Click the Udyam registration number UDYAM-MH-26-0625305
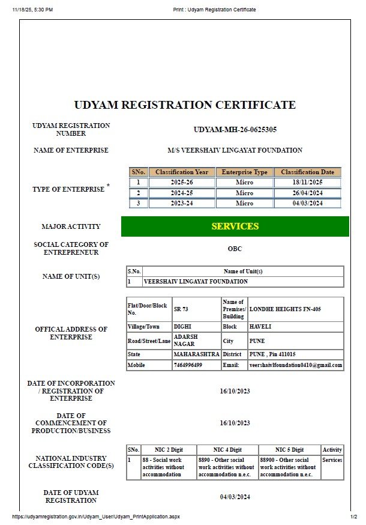point(235,130)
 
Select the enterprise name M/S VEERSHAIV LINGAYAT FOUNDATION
point(235,150)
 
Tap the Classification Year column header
point(181,172)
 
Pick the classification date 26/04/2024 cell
point(307,193)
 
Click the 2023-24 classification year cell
point(181,203)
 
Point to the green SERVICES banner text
point(235,226)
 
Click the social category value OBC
point(235,249)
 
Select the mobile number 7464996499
point(188,365)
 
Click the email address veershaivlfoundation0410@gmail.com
point(295,365)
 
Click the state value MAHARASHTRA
point(196,354)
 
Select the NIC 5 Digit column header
point(289,450)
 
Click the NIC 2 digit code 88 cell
point(168,467)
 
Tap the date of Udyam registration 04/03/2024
point(235,497)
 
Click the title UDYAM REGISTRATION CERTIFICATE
point(185,105)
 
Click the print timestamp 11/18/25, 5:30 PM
point(32,10)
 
